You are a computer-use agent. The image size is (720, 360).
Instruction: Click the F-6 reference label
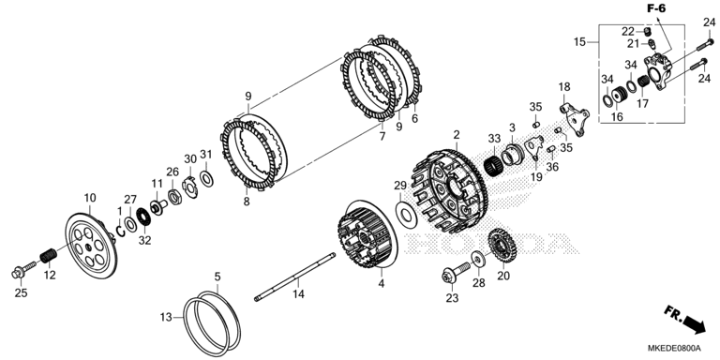click(x=656, y=7)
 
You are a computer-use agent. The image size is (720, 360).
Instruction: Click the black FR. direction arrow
click(x=695, y=324)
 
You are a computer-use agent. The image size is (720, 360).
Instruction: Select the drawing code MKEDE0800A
click(x=675, y=347)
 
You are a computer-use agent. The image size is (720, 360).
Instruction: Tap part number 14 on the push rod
click(x=298, y=293)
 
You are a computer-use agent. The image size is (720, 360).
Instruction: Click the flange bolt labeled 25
click(x=22, y=270)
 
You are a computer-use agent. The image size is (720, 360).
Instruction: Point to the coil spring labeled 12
click(x=48, y=255)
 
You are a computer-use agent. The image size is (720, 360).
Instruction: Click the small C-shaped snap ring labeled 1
click(x=121, y=227)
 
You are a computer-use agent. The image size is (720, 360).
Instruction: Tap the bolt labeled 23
click(x=456, y=272)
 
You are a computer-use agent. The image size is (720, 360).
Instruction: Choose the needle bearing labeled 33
click(x=495, y=163)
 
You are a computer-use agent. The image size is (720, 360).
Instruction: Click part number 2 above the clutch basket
click(x=456, y=135)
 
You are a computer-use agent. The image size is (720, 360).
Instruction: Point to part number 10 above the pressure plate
click(x=90, y=198)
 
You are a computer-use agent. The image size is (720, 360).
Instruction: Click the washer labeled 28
click(x=478, y=260)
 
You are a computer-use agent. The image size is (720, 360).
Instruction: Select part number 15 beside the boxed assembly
click(x=579, y=42)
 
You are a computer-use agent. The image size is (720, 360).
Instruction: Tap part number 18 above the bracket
click(x=563, y=87)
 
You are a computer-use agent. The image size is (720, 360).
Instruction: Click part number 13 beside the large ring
click(x=166, y=317)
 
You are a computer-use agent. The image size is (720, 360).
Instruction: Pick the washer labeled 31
click(x=206, y=178)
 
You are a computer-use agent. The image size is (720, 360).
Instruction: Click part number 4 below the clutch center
click(x=382, y=284)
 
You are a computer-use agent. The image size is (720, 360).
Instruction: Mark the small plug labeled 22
click(x=649, y=32)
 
